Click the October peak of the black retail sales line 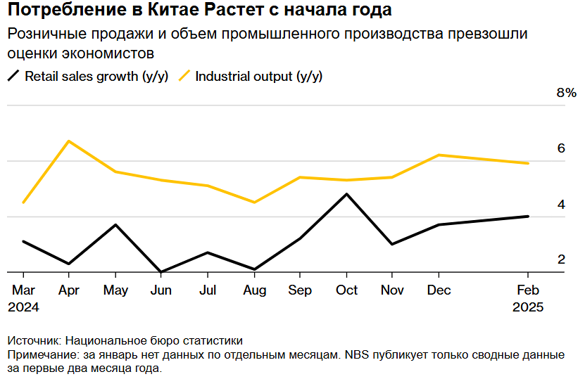(x=346, y=194)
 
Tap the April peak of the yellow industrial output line (x=68, y=141)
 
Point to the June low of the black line (x=161, y=271)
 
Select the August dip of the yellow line (x=254, y=203)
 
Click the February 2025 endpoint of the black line (x=528, y=217)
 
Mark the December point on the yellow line (x=439, y=155)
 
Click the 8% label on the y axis (x=566, y=94)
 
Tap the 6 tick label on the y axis (x=561, y=148)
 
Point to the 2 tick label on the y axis (x=561, y=259)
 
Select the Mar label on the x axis (x=23, y=290)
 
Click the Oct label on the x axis (x=346, y=290)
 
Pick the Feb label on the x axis (x=528, y=290)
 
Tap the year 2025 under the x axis (x=528, y=307)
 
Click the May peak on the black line (x=115, y=225)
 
